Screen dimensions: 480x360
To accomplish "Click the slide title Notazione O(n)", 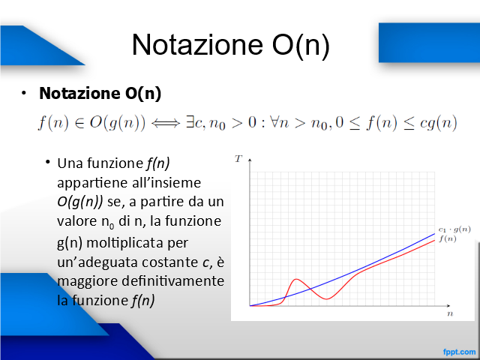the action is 231,45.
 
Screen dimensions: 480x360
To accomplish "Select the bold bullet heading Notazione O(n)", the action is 100,93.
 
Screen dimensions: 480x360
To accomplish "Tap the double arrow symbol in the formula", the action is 166,123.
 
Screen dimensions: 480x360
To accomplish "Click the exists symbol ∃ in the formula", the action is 190,122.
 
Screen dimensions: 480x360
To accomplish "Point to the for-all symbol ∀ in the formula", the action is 274,122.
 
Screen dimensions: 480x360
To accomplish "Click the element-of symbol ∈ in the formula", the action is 79,124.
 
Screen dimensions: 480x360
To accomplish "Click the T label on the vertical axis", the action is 238,158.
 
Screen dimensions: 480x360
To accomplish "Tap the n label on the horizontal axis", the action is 450,314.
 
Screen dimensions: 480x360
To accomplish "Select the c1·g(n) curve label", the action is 454,229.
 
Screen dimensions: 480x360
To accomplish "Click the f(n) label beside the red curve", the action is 448,238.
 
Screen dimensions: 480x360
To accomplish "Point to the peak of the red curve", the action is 296,279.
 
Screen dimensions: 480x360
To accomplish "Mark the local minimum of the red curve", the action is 327,299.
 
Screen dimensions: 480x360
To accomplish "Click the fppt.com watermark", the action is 460,352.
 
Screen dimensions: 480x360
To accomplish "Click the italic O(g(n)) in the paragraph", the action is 80,202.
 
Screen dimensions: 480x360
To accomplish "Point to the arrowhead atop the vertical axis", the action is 250,160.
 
